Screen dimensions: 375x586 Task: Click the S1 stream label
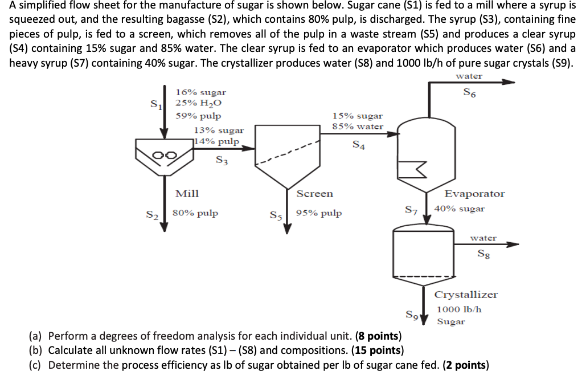pos(154,105)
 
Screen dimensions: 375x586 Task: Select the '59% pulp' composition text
pos(198,116)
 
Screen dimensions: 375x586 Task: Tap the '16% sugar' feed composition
pos(200,92)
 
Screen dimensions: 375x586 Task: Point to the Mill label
pos(187,194)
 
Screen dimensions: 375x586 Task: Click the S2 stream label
pos(151,215)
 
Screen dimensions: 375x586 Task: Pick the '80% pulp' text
pos(195,214)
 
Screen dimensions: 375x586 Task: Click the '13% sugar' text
pos(219,131)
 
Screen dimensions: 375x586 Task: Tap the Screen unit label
pos(314,194)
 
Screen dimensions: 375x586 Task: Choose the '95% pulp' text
pos(319,214)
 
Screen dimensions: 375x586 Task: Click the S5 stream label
pos(276,215)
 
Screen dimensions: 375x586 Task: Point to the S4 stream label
pos(358,145)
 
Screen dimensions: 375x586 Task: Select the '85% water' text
pos(358,127)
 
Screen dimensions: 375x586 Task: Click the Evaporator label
pos(474,194)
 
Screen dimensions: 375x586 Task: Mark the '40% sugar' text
pos(459,209)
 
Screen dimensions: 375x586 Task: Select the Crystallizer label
pos(466,295)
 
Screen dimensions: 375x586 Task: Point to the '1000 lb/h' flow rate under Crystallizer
pos(459,309)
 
